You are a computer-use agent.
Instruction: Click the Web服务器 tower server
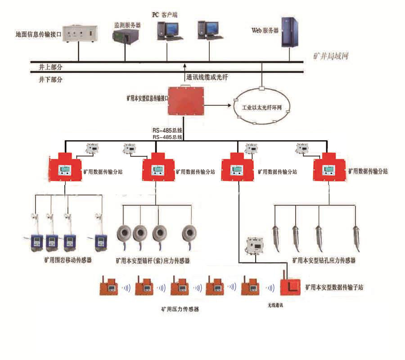click(289, 32)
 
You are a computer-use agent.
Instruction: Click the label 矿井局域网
click(331, 57)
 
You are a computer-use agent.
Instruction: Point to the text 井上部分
click(51, 67)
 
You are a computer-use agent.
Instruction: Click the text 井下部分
click(51, 80)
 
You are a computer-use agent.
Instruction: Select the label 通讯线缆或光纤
click(207, 77)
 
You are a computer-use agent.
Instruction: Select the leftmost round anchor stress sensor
click(125, 233)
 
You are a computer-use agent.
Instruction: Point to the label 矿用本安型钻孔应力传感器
click(324, 260)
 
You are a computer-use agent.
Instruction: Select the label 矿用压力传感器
click(180, 310)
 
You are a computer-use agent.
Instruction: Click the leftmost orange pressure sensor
click(108, 286)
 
